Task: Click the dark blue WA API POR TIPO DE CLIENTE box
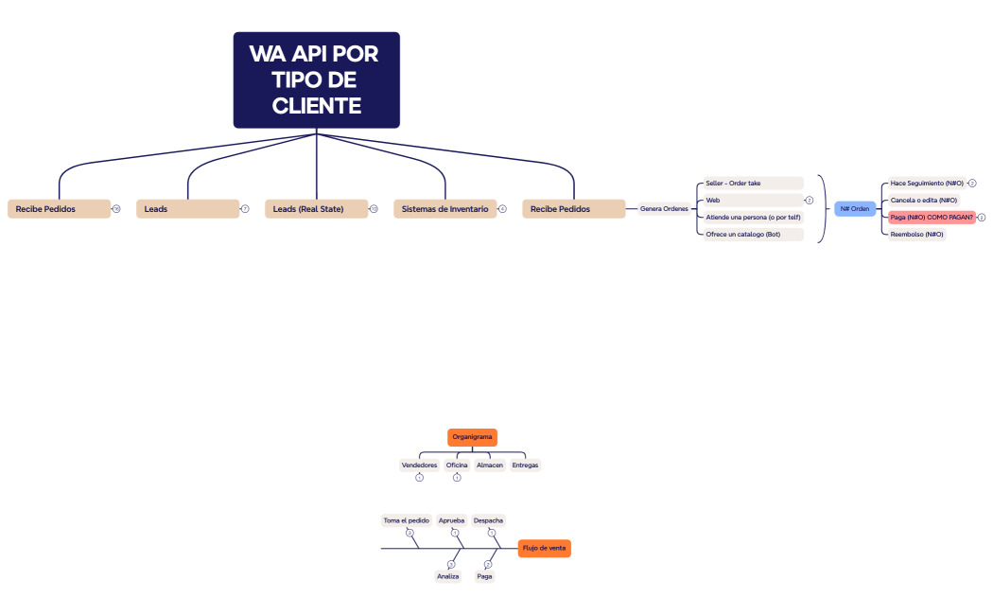click(x=316, y=79)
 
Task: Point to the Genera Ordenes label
click(x=664, y=209)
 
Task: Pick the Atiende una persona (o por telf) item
click(x=753, y=217)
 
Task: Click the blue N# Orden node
click(x=855, y=209)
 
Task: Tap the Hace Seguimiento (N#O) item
click(x=927, y=183)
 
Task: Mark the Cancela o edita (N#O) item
click(x=923, y=200)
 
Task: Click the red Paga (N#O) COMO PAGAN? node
click(x=932, y=217)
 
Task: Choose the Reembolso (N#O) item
click(x=916, y=234)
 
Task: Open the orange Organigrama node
click(x=472, y=437)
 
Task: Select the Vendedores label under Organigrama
click(x=419, y=466)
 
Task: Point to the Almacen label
click(x=490, y=466)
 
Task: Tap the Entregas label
click(x=525, y=466)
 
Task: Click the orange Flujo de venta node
click(x=544, y=548)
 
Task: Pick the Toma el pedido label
click(x=406, y=520)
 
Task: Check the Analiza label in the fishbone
click(x=447, y=576)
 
